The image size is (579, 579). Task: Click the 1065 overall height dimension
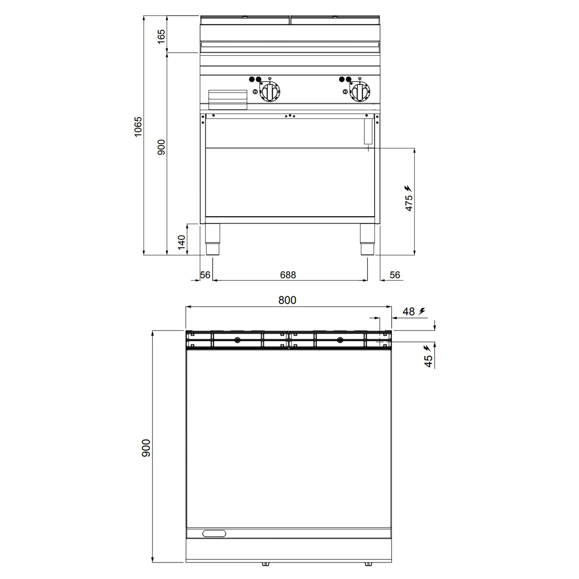[138, 127]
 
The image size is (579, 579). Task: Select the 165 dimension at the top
[161, 36]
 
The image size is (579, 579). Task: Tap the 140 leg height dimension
[182, 242]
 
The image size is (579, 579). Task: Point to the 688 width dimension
[288, 275]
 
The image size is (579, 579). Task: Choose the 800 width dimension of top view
[287, 300]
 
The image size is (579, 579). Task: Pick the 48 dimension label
[408, 312]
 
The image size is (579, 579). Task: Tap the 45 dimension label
[429, 361]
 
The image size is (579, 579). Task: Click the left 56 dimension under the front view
[205, 275]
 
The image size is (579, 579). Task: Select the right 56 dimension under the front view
[395, 275]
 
